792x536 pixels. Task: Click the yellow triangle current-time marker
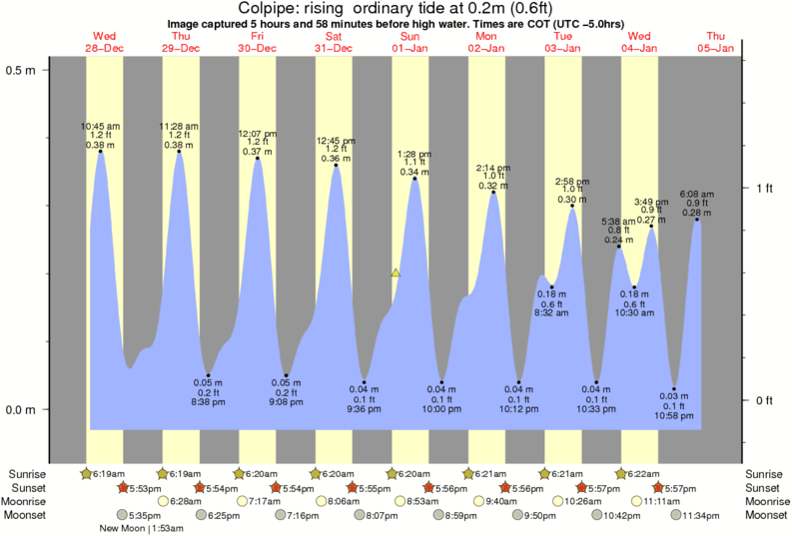[396, 272]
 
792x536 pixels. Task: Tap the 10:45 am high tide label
[100, 126]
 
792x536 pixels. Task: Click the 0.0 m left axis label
[21, 410]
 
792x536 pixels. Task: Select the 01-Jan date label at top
[410, 48]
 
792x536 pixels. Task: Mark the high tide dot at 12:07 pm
[258, 158]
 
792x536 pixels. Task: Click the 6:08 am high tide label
[696, 194]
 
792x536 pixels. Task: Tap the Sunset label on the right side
[765, 487]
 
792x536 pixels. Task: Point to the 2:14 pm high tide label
[492, 167]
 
